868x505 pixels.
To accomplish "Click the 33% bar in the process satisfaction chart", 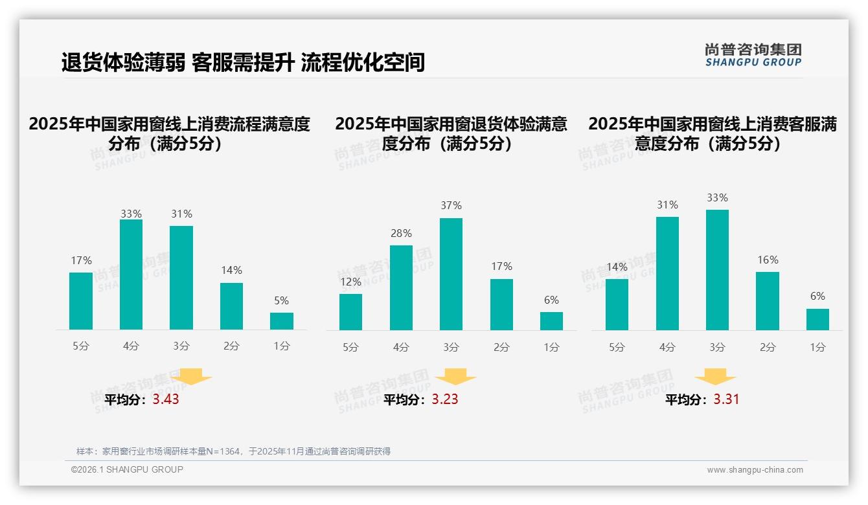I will tap(131, 275).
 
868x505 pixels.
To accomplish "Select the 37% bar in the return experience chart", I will tap(451, 274).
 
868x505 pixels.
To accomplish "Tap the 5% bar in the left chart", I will tap(281, 321).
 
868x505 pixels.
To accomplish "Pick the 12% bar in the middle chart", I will tap(350, 312).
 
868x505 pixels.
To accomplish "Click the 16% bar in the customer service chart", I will tap(767, 301).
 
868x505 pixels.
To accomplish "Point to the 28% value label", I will tap(401, 234).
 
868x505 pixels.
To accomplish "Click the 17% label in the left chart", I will tap(81, 260).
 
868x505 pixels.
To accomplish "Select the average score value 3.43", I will tap(166, 399).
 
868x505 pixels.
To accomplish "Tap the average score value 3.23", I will tap(445, 399).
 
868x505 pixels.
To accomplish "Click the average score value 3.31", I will tap(726, 399).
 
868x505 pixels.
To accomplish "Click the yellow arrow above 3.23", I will tap(455, 377).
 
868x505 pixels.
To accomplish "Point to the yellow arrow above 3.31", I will tap(715, 377).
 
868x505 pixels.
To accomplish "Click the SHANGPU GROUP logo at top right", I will tap(753, 55).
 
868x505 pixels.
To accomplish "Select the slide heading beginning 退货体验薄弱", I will tap(243, 62).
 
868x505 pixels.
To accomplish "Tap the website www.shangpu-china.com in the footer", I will tap(755, 470).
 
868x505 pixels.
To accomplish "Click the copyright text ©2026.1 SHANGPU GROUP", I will tap(127, 469).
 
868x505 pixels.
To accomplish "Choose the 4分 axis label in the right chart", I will tap(667, 347).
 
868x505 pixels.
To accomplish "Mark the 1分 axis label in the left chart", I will tap(281, 346).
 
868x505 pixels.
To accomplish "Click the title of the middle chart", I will tap(451, 133).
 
